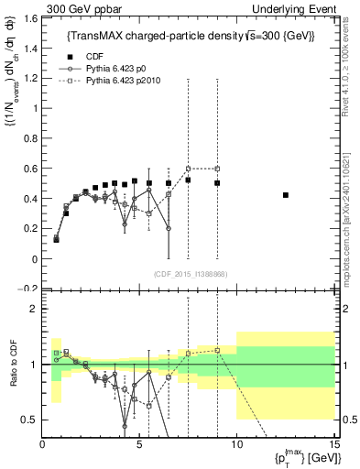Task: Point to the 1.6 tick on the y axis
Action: click(x=29, y=18)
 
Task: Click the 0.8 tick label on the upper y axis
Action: click(x=29, y=138)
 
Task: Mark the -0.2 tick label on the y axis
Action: click(x=27, y=289)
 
